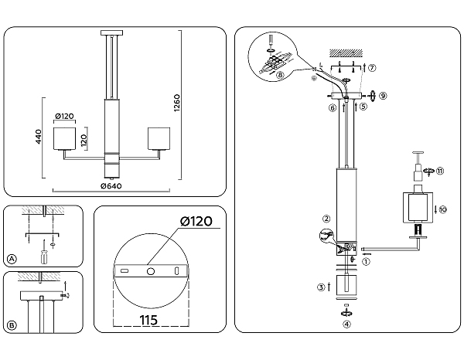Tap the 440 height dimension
click(x=36, y=137)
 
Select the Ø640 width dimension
click(x=112, y=185)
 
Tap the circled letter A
click(x=11, y=259)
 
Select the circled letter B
click(x=11, y=325)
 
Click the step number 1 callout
click(x=367, y=262)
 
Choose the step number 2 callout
click(x=327, y=219)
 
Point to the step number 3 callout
click(x=320, y=287)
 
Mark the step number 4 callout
click(x=346, y=324)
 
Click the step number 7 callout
click(x=373, y=68)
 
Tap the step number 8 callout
click(x=280, y=75)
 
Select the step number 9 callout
click(x=382, y=96)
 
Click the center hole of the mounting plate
click(x=151, y=270)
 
